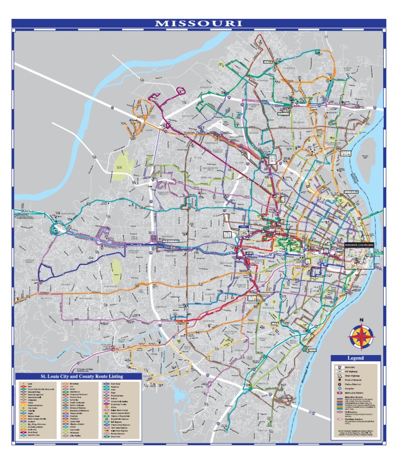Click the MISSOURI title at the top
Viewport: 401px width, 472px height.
198,23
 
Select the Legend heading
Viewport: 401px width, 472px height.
356,359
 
